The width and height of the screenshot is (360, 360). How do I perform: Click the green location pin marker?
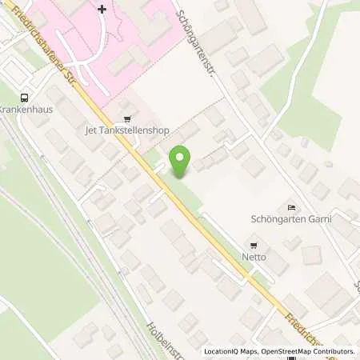181,160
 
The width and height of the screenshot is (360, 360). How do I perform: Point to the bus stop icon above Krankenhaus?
25,96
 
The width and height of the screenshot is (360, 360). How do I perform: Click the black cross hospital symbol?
102,9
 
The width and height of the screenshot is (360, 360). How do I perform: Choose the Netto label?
254,258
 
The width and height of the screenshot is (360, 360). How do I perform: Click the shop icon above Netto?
254,245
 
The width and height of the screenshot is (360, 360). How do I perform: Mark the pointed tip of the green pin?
181,177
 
